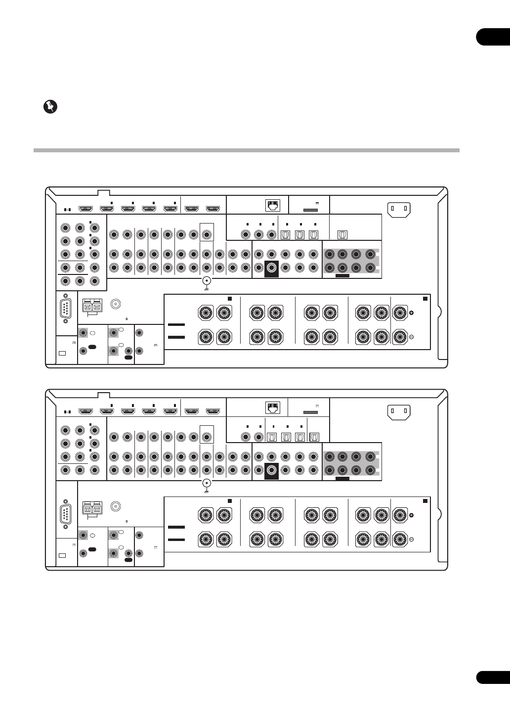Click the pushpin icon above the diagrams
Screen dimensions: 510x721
tap(49, 107)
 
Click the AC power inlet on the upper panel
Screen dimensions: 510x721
tap(399, 209)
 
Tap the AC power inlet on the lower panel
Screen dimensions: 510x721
tap(399, 411)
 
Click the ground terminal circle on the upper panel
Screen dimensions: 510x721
tap(207, 281)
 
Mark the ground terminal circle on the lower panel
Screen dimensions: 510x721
tap(207, 484)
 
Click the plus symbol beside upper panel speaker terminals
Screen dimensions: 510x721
tap(411, 313)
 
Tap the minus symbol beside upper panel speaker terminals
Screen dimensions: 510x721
tap(411, 337)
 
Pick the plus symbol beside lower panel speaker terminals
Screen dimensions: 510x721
tap(411, 515)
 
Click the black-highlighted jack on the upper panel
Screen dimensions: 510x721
tap(271, 269)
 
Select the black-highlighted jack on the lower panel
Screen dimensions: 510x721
tap(271, 471)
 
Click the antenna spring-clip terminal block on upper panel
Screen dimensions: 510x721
tap(92, 306)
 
